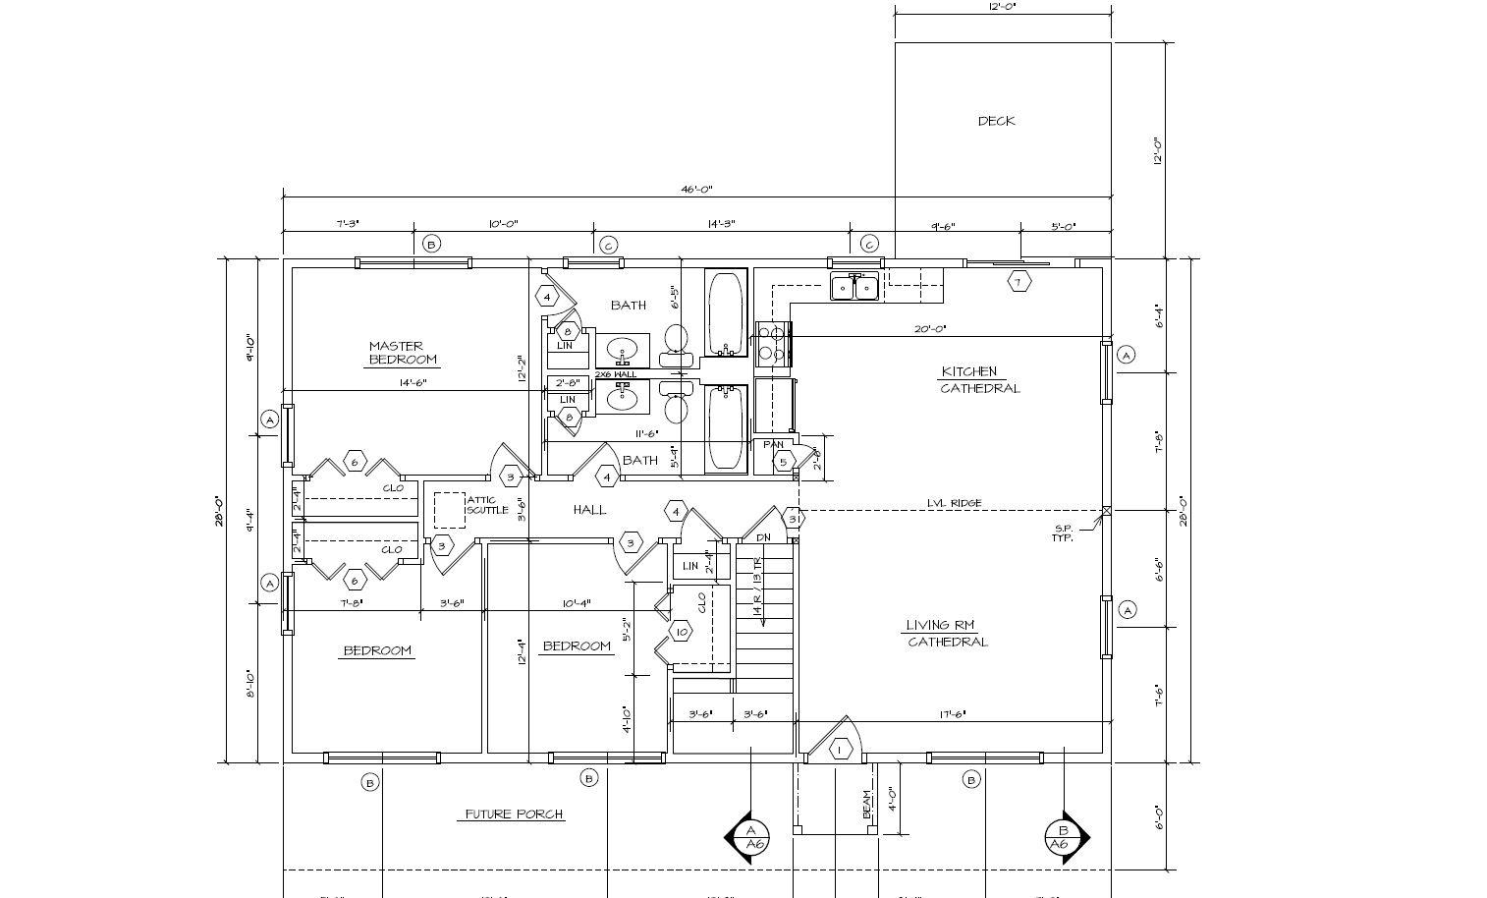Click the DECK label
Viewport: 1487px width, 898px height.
(996, 121)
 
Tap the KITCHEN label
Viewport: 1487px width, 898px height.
(969, 371)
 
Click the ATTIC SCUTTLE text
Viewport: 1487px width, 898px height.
(487, 505)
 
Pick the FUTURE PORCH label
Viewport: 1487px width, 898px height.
(514, 814)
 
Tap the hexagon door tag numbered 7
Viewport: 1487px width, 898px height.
(1019, 282)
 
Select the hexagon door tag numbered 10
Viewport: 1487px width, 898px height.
(682, 632)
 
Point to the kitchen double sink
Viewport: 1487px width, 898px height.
(854, 287)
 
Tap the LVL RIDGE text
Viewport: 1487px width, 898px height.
(954, 503)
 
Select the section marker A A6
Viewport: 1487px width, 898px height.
(753, 837)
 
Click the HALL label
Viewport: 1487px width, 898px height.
(589, 509)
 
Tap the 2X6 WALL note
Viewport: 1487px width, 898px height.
(615, 374)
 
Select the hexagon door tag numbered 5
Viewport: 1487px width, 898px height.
(783, 462)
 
